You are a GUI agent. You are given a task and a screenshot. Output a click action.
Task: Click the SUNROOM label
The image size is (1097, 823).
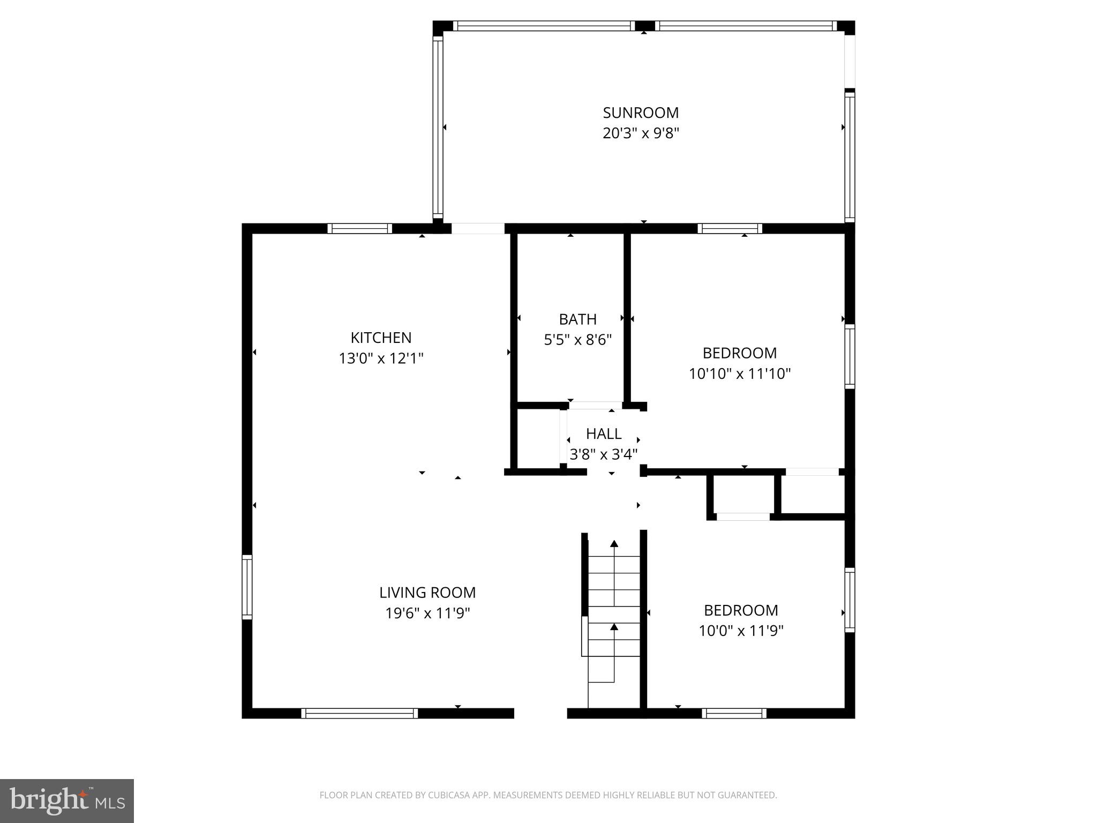[641, 113]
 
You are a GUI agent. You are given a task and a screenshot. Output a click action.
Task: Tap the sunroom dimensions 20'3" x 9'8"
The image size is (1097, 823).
[641, 133]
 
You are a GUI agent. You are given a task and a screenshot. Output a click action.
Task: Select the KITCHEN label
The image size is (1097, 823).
[381, 338]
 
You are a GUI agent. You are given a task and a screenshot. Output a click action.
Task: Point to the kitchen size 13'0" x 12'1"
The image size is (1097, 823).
[381, 358]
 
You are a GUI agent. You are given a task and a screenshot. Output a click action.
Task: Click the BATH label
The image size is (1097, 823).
[577, 319]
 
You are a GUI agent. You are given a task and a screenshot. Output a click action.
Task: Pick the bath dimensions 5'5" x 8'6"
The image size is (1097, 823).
[577, 340]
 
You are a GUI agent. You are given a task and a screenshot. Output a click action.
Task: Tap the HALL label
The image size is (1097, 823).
[604, 433]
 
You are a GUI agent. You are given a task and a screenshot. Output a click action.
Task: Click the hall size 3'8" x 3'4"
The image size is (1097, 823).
[604, 454]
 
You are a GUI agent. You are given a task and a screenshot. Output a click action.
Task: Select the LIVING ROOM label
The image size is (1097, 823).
[427, 592]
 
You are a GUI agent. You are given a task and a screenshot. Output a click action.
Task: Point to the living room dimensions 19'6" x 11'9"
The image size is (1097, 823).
[427, 612]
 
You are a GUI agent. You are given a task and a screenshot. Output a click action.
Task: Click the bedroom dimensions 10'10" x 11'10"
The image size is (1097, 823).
[740, 373]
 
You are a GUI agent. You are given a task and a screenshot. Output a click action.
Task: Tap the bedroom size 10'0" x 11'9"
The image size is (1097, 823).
[741, 631]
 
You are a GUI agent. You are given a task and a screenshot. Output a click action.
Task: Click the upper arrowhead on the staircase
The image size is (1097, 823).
[614, 544]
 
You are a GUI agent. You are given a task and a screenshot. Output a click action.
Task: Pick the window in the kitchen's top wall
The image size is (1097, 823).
[359, 228]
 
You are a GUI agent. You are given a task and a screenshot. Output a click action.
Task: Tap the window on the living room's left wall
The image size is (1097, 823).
[247, 587]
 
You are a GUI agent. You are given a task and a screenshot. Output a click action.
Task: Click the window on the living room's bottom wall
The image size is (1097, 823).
[359, 713]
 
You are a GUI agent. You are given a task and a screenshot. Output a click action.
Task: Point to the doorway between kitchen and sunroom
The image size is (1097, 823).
[478, 228]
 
